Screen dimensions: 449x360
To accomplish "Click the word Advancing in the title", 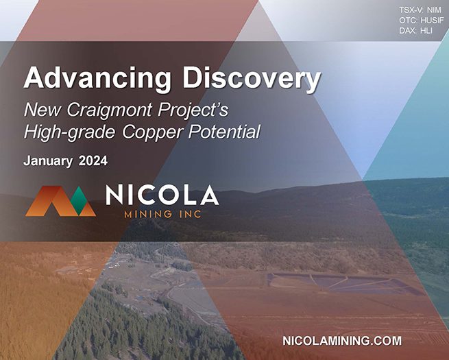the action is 97,79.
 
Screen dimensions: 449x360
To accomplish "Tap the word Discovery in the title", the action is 252,77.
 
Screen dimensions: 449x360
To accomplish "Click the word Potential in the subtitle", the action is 224,132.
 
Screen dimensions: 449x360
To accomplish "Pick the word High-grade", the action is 70,132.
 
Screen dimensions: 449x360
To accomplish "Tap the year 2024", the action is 93,160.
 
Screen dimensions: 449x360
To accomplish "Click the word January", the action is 48,161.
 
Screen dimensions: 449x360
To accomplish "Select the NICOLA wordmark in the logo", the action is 162,195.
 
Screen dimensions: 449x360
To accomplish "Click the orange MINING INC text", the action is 162,214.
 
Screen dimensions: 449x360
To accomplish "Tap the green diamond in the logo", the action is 79,200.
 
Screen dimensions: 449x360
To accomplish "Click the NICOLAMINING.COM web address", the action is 342,341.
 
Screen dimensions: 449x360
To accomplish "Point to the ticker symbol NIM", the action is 434,10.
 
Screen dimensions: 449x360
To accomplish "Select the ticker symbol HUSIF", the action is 432,21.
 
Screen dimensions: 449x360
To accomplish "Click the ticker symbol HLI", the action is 426,31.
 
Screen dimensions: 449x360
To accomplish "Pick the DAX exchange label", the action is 408,31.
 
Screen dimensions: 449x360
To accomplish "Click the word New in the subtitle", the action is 43,109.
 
